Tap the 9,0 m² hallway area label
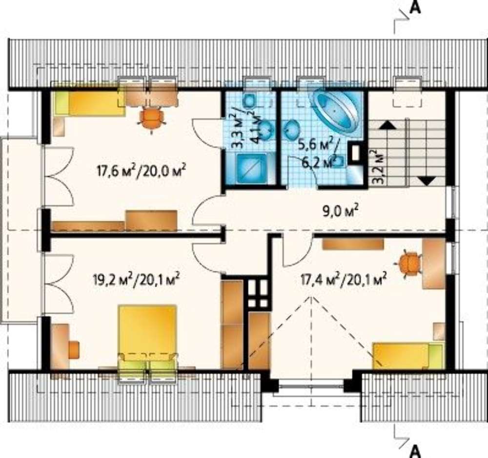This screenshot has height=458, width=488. pyautogui.click(x=340, y=212)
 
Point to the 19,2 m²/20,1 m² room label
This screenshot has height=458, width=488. pyautogui.click(x=136, y=280)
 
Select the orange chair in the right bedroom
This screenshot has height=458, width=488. pyautogui.click(x=407, y=263)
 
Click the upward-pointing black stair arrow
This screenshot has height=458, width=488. pyautogui.click(x=387, y=125)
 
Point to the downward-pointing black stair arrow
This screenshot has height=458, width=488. pyautogui.click(x=426, y=181)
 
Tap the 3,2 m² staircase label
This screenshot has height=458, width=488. pyautogui.click(x=378, y=167)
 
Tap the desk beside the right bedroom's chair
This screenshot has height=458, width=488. pyautogui.click(x=434, y=264)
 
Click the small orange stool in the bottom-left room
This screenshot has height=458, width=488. pyautogui.click(x=74, y=349)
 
